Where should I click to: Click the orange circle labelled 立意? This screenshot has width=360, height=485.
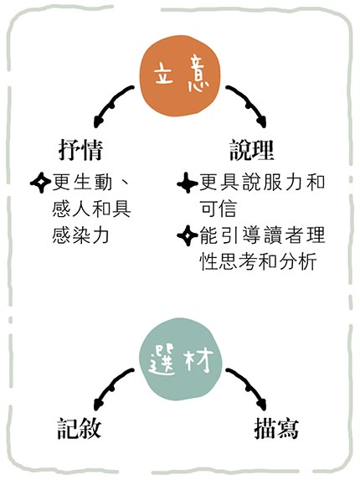point(180,76)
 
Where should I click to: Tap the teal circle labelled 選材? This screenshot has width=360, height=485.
point(181,359)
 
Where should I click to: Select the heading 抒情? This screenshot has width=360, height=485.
point(80,150)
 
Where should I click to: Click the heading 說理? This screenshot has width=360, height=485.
point(252,150)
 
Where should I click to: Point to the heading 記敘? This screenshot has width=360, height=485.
point(80,428)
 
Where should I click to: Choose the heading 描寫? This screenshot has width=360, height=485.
point(276,428)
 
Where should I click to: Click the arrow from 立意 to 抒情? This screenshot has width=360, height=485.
point(112,104)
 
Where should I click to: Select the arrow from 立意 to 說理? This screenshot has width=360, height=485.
point(248,104)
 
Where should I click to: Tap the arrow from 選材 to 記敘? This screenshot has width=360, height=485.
point(112,387)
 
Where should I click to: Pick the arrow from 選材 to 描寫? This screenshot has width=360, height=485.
point(248,387)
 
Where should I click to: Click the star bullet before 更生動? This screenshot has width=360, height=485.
point(40,183)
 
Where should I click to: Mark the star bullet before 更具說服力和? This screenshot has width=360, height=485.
point(188,183)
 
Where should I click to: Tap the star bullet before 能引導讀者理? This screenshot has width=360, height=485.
point(188,235)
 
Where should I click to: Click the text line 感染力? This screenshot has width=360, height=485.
point(80,235)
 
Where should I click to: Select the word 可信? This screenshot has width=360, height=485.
point(219,209)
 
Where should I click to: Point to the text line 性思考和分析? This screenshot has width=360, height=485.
point(259,261)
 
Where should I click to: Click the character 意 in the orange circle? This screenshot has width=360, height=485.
point(198,74)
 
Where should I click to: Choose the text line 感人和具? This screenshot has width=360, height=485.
point(91,209)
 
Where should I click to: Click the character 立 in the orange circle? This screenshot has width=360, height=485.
point(163,75)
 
